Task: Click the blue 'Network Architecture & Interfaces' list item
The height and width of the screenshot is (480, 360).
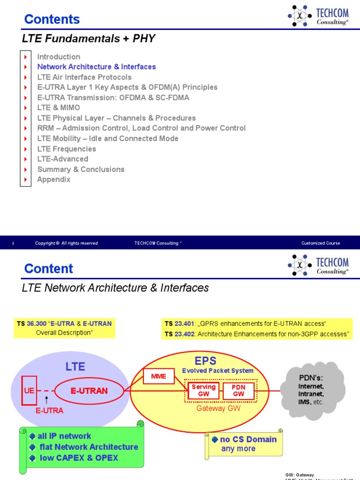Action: point(96,67)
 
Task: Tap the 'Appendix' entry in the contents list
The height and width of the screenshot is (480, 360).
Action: point(54,180)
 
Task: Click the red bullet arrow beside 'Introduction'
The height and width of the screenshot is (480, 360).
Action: point(25,57)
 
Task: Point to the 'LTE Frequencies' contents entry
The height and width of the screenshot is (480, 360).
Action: point(67,149)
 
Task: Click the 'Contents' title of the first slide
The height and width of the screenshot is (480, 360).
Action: point(52,19)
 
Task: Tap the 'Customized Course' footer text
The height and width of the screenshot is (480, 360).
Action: point(321,243)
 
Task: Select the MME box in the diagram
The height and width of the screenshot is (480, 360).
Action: point(158,376)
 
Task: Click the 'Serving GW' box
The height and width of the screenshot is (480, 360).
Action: point(203,390)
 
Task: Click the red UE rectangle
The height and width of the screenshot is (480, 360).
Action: point(30,390)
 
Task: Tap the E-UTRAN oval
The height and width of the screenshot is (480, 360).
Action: point(89,390)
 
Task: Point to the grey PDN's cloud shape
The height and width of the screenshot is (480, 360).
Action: point(311,390)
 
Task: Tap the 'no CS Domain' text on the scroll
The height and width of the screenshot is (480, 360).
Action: point(248,439)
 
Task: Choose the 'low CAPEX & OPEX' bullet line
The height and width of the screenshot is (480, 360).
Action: point(79,458)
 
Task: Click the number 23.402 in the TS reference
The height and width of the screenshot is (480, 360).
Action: point(183,334)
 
